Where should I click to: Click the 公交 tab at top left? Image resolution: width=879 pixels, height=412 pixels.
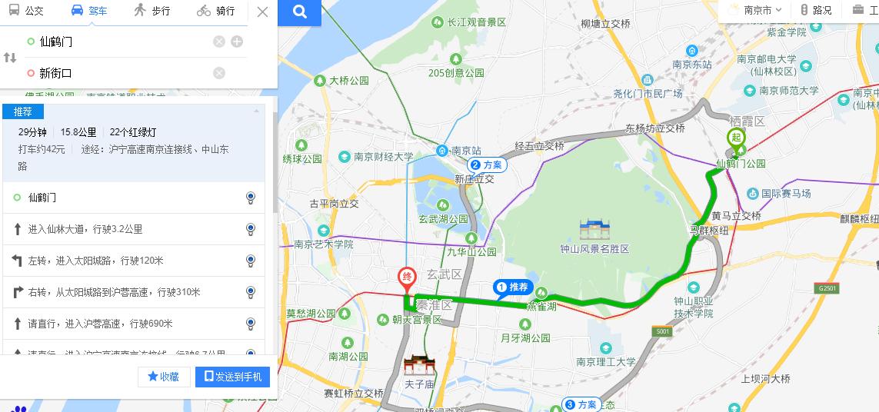point(27,11)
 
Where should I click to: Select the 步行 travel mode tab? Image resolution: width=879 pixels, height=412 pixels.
point(151,11)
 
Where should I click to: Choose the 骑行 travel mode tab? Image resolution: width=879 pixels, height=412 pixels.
point(216,11)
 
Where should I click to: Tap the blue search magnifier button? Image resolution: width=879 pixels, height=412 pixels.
point(300,12)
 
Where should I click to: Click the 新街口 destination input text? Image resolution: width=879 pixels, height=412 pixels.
point(56,73)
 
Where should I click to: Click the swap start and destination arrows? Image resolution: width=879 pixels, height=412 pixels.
point(10,58)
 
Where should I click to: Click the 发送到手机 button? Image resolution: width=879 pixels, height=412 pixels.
point(232,377)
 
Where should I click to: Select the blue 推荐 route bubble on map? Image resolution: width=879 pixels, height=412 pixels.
point(512,287)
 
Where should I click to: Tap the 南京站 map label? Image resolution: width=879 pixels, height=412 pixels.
point(465,150)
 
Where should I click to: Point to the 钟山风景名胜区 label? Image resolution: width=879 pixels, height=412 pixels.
point(595,249)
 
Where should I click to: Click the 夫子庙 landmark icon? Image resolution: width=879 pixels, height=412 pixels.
point(420,367)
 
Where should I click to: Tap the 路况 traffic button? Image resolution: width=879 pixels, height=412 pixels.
point(816,10)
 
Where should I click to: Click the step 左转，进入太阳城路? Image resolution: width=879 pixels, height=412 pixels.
point(96,261)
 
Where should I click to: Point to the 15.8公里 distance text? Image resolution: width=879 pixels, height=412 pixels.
point(78,132)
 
